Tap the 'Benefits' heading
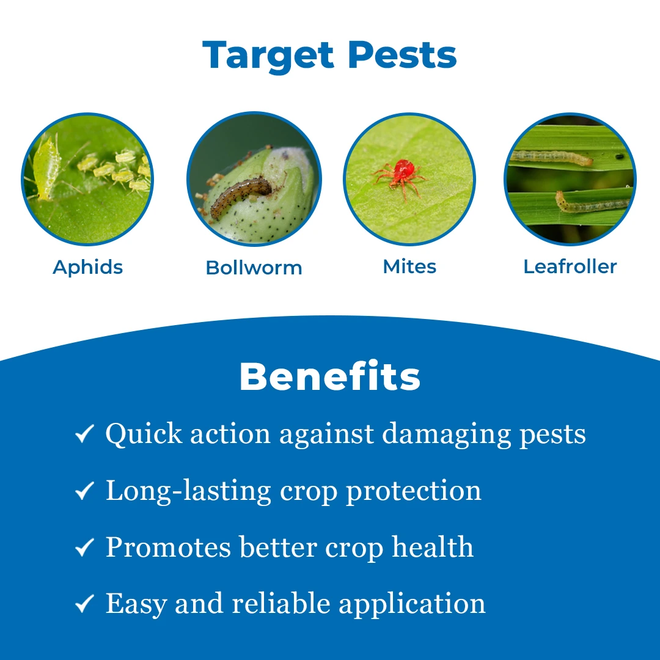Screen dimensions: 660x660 pos(330,376)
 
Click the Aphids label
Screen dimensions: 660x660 pos(87,267)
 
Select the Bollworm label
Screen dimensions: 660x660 pos(254,268)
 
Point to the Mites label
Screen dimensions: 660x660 pos(409,266)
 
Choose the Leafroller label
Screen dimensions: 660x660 pos(570,266)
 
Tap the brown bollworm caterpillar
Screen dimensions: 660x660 pos(240,196)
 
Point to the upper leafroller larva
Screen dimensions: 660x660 pos(551,157)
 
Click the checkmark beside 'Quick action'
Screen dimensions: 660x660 pos(84,433)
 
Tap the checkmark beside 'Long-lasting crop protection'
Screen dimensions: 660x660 pos(84,490)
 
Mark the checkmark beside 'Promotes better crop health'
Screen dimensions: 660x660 pos(84,547)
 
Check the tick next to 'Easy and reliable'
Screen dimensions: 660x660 pos(84,603)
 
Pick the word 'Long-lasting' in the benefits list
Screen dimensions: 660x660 pos(189,491)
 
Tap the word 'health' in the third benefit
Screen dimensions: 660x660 pos(433,547)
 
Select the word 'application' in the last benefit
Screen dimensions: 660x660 pos(412,604)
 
